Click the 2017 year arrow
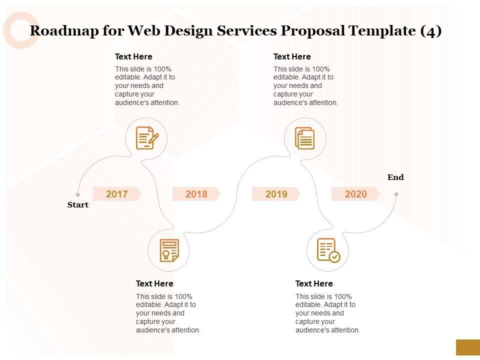(117, 194)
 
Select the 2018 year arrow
(196, 194)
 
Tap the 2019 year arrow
(276, 194)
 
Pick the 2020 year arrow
(355, 194)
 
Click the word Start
(77, 204)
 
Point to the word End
(395, 177)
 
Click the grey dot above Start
(78, 194)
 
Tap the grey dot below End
(396, 194)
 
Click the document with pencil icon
(147, 138)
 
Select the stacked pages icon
(305, 138)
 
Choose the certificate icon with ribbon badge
(169, 250)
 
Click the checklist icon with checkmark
(328, 250)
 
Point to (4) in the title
(430, 31)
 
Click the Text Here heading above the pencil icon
(133, 56)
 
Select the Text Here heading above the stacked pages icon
(292, 56)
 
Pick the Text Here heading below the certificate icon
(154, 283)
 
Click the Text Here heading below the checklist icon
(314, 283)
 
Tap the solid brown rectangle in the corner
(467, 347)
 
